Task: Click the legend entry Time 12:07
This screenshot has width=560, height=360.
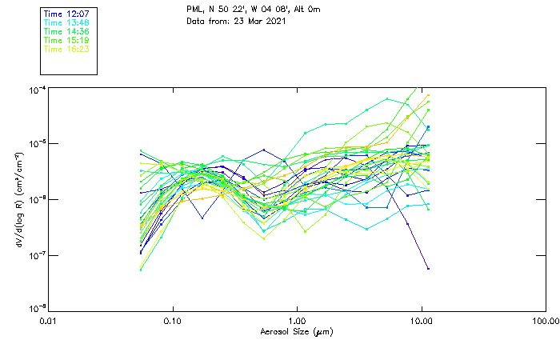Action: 67,14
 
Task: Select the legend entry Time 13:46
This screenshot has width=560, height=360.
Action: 67,22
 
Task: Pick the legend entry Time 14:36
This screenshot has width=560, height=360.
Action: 67,31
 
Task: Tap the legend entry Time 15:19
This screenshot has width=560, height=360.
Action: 67,40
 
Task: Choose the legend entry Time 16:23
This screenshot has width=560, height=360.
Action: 67,49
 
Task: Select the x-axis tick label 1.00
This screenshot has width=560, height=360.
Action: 297,322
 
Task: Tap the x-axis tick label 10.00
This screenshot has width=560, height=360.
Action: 421,322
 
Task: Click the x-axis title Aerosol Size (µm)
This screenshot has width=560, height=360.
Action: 297,332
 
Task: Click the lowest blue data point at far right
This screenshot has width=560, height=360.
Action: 428,269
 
